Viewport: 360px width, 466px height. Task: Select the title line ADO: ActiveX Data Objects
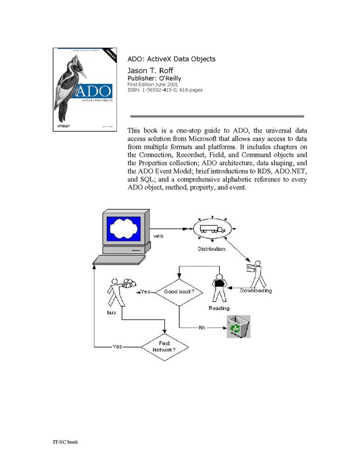172,59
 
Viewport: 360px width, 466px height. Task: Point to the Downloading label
256,291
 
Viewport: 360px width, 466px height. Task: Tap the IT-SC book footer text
65,442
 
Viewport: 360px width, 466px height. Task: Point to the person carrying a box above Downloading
255,273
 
